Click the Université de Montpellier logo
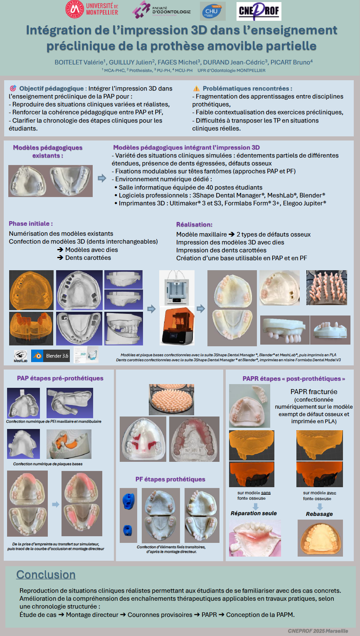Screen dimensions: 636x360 (x=92, y=9)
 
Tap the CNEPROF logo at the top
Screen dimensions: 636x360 (x=259, y=11)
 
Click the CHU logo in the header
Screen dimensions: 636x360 (x=212, y=11)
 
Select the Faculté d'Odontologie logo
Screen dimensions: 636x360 (x=162, y=10)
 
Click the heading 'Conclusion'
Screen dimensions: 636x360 (x=46, y=574)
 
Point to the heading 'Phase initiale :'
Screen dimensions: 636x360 (x=31, y=224)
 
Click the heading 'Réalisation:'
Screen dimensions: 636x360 (x=194, y=224)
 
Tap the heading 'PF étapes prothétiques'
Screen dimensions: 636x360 (x=170, y=479)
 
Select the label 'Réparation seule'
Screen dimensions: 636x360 (x=254, y=513)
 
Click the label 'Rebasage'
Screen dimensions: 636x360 (x=319, y=514)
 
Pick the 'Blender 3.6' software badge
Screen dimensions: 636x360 (x=50, y=356)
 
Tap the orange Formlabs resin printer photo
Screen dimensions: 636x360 (x=177, y=325)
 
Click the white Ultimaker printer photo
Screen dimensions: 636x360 (x=177, y=287)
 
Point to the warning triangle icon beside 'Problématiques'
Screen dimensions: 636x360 (x=196, y=89)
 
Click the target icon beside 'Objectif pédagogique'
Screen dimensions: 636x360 (x=13, y=89)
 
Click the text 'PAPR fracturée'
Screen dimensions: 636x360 (x=314, y=392)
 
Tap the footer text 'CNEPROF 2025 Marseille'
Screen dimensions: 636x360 (x=318, y=631)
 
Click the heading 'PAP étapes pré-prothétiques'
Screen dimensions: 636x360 (x=60, y=378)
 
